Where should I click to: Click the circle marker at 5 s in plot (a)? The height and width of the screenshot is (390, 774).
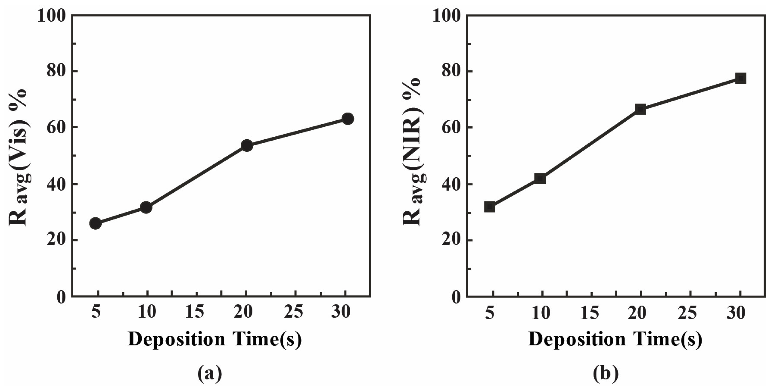click(95, 223)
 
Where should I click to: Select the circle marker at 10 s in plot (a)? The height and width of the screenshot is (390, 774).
click(146, 207)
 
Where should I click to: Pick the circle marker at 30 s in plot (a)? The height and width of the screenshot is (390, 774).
click(348, 119)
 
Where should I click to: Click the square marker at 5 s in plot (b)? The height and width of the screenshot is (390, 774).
click(490, 207)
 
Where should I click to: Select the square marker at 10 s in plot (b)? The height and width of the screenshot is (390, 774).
click(540, 179)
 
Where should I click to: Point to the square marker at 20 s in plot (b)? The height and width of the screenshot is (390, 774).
click(640, 109)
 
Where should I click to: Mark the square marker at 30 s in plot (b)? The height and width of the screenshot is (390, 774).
click(741, 78)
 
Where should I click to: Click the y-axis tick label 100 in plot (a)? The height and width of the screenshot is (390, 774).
click(51, 16)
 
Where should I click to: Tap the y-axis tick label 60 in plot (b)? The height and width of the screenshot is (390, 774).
click(452, 128)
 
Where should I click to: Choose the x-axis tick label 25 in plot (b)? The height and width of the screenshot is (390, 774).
click(690, 313)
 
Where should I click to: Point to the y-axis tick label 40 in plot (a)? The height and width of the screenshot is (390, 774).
click(56, 185)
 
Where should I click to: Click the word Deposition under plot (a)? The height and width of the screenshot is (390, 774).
click(177, 339)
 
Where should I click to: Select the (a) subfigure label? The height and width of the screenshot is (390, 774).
click(210, 373)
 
